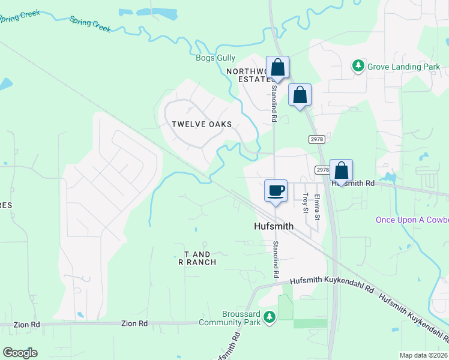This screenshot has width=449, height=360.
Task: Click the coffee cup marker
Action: click(x=276, y=191)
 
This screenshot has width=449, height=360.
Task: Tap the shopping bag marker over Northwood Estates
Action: click(x=277, y=67)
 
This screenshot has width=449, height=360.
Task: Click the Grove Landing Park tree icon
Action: click(x=358, y=65)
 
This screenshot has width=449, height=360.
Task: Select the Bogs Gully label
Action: click(x=216, y=58)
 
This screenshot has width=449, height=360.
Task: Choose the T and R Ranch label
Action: click(x=197, y=258)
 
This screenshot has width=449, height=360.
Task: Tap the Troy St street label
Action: click(x=306, y=203)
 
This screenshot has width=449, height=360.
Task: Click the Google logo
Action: click(x=20, y=352)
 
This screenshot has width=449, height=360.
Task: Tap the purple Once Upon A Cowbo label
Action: click(x=412, y=220)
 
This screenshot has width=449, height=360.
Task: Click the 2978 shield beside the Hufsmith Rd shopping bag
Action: click(x=322, y=170)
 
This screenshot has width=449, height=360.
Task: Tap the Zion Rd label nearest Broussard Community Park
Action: click(x=134, y=323)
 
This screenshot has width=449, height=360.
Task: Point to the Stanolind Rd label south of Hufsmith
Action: click(x=276, y=259)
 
